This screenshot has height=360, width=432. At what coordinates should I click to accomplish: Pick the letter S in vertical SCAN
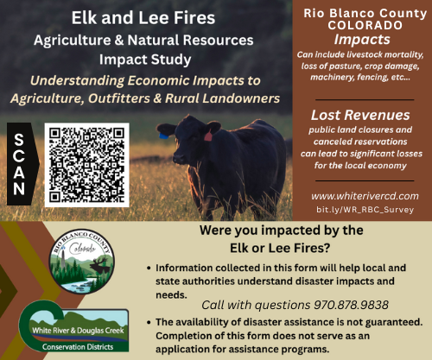point(20,136)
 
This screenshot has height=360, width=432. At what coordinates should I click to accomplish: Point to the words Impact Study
point(143,61)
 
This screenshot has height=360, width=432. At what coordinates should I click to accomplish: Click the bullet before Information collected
point(153,268)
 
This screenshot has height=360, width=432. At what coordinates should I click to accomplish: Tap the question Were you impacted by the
point(280,231)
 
